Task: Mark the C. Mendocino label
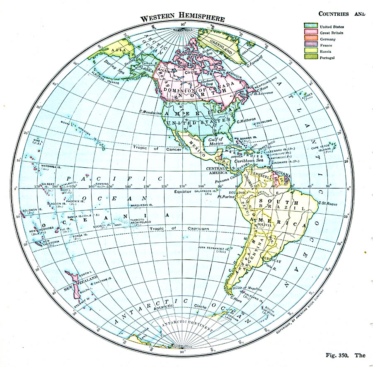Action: [x=150, y=111]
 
